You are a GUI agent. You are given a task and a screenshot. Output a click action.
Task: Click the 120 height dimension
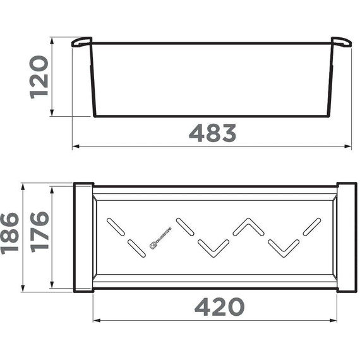[x=39, y=76]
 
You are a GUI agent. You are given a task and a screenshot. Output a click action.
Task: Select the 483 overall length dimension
[x=212, y=133]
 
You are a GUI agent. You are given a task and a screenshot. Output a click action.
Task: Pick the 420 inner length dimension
[x=219, y=307]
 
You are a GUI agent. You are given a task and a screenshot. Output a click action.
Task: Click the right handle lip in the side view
[x=341, y=42]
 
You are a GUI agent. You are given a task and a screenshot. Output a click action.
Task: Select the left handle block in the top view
[x=83, y=237]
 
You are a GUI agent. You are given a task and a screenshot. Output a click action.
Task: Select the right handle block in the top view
[x=347, y=237]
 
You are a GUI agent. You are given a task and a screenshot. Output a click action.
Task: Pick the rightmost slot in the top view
[x=312, y=225]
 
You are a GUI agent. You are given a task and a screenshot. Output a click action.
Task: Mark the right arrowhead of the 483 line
[x=349, y=147]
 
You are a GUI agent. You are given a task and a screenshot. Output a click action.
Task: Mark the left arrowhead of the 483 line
[x=75, y=147]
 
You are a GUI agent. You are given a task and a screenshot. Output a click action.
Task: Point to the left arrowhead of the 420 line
[x=96, y=320]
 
